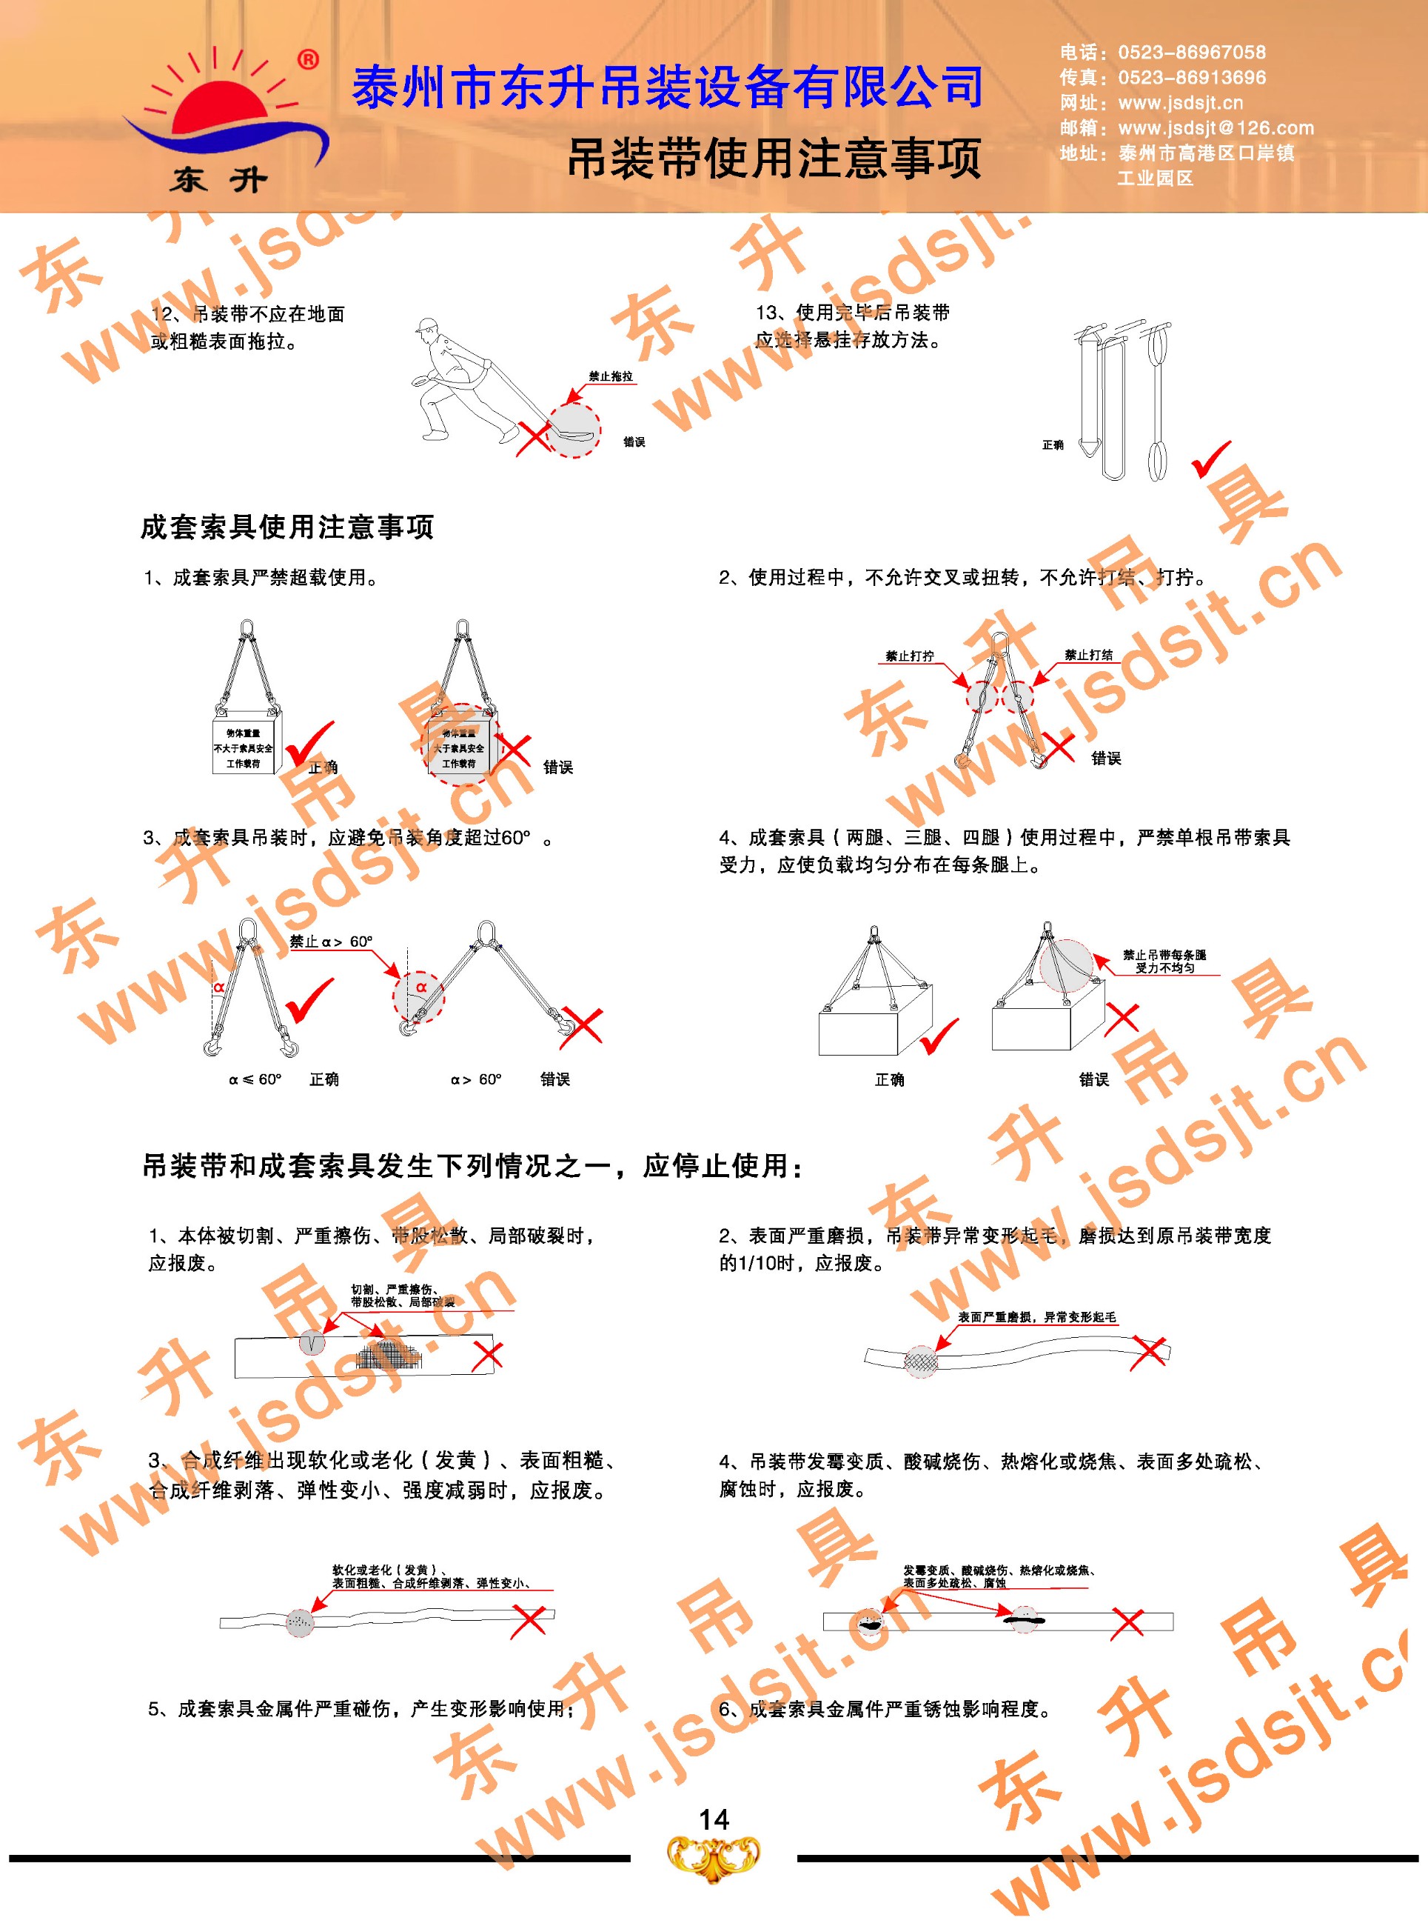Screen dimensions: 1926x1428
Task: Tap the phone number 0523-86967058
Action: (1191, 53)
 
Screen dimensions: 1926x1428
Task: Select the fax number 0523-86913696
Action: (1191, 78)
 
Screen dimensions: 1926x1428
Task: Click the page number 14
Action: (713, 1819)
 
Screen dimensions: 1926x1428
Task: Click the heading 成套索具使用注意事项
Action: (287, 527)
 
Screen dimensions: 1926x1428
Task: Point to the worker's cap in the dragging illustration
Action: (426, 325)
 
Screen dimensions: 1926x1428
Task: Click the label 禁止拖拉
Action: (610, 376)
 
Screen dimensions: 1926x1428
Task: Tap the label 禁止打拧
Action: (909, 656)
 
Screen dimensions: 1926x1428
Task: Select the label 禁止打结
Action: (1088, 655)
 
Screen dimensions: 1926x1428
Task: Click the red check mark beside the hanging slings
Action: (1211, 459)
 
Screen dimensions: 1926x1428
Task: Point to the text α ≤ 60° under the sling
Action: (255, 1079)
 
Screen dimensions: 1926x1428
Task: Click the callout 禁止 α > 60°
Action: (331, 941)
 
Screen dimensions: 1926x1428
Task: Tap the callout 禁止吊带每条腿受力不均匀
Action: (1164, 961)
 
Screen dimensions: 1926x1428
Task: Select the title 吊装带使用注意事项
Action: (774, 159)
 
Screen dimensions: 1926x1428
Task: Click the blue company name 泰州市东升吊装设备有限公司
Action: (667, 87)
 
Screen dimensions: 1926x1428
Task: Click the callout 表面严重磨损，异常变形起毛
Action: (1036, 1316)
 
